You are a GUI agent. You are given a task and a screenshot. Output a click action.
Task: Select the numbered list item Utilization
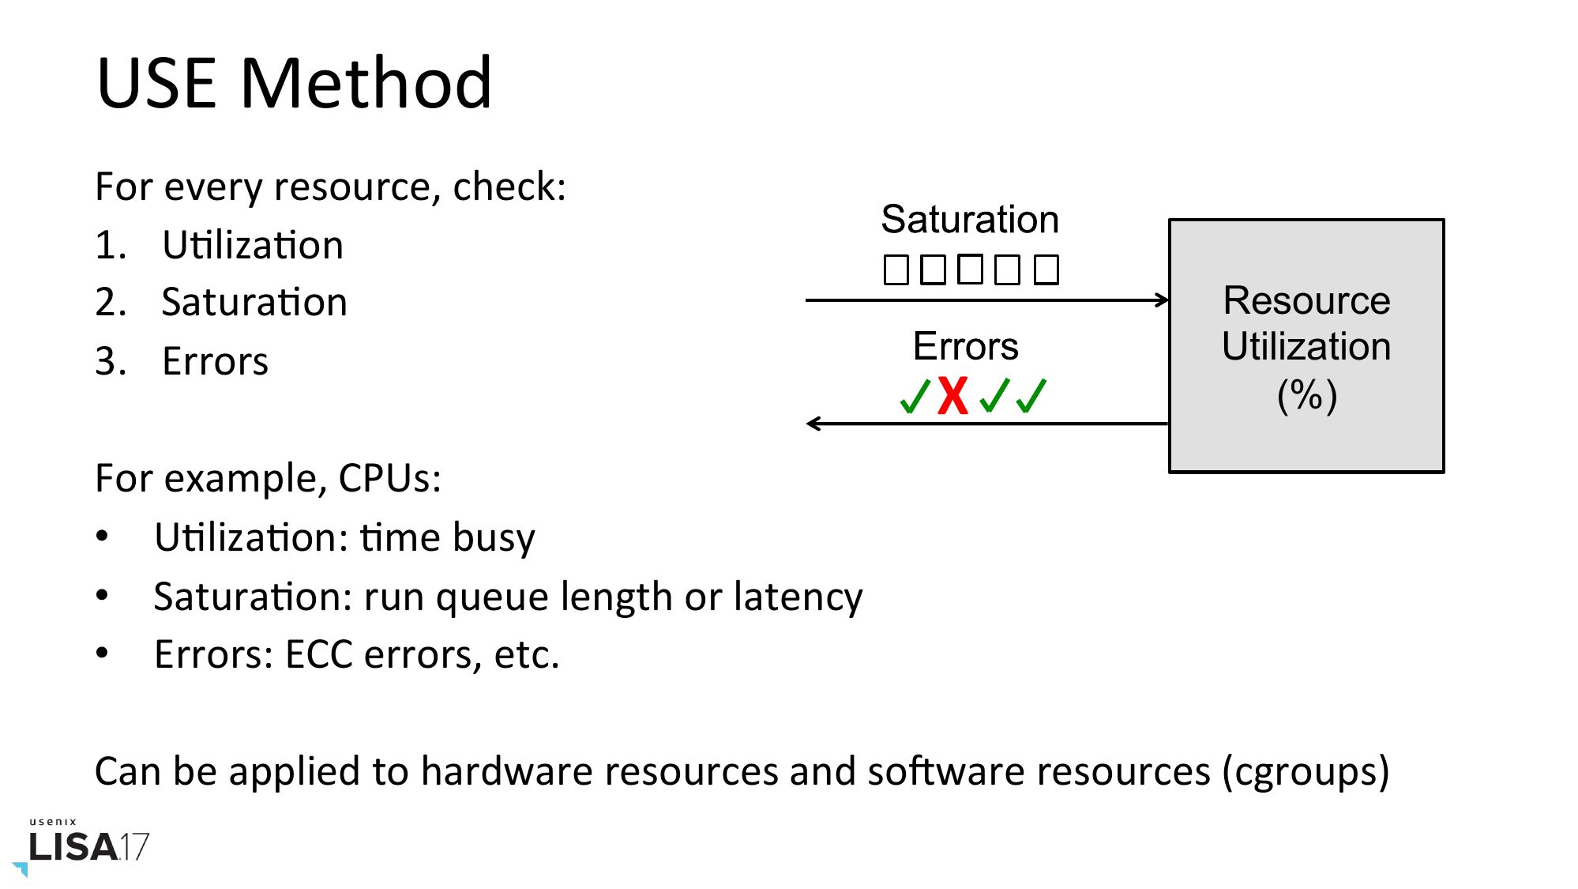[252, 245]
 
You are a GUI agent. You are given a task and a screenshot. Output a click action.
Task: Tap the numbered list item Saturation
[254, 303]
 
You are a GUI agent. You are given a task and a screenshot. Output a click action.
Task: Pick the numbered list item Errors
[215, 362]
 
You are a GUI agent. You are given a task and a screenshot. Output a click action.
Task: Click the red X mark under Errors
[953, 396]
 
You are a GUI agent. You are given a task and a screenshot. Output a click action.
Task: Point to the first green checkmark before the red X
[915, 396]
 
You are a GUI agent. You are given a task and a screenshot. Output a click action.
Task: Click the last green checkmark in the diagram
[1031, 396]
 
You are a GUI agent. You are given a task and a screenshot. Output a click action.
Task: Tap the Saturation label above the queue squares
[970, 220]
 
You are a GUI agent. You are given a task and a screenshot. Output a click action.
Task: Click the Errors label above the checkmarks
[965, 346]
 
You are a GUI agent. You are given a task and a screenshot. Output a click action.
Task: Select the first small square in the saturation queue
[896, 270]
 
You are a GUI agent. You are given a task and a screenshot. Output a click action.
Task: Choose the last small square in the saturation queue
[1046, 270]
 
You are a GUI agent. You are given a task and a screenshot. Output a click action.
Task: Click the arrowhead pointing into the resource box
[1162, 300]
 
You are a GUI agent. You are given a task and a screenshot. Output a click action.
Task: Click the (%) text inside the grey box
[1307, 395]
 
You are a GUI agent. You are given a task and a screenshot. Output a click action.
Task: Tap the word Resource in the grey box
[1306, 301]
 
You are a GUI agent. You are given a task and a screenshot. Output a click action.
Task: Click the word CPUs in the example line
[389, 479]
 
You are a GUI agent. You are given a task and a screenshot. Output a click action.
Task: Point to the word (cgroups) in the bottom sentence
[1306, 772]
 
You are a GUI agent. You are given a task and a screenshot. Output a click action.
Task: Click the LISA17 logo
[87, 846]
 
